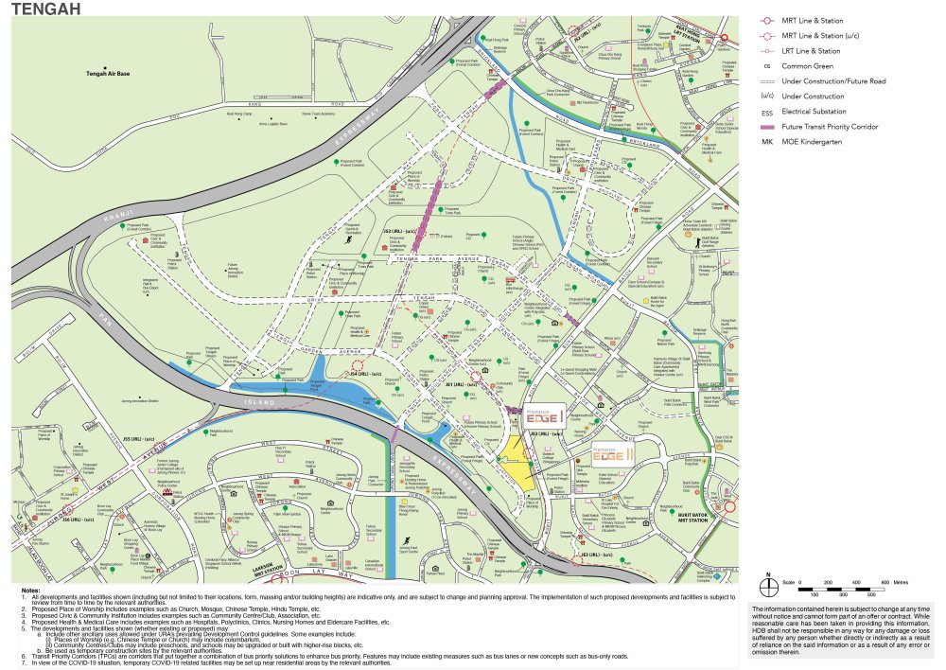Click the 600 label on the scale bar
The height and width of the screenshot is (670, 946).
tap(885, 582)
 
